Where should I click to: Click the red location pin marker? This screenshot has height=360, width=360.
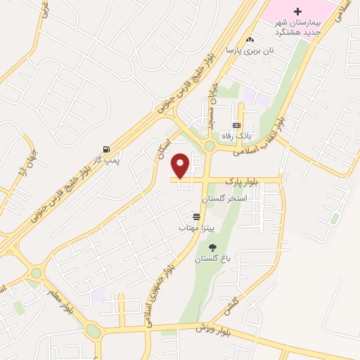(181, 165)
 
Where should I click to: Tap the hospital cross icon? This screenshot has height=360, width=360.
(297, 11)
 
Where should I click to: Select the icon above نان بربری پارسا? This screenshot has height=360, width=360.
(250, 39)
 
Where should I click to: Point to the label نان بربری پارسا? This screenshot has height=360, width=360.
(249, 51)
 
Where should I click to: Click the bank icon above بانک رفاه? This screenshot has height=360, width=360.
(245, 124)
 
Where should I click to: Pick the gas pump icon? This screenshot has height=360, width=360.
(106, 149)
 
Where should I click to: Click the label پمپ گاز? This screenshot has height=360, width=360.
(106, 160)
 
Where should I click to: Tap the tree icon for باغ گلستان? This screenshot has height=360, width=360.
(213, 247)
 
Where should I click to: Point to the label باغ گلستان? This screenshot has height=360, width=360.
(213, 259)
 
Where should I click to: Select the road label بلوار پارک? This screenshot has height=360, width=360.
(242, 181)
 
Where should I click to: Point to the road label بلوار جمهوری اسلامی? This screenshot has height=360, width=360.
(155, 285)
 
